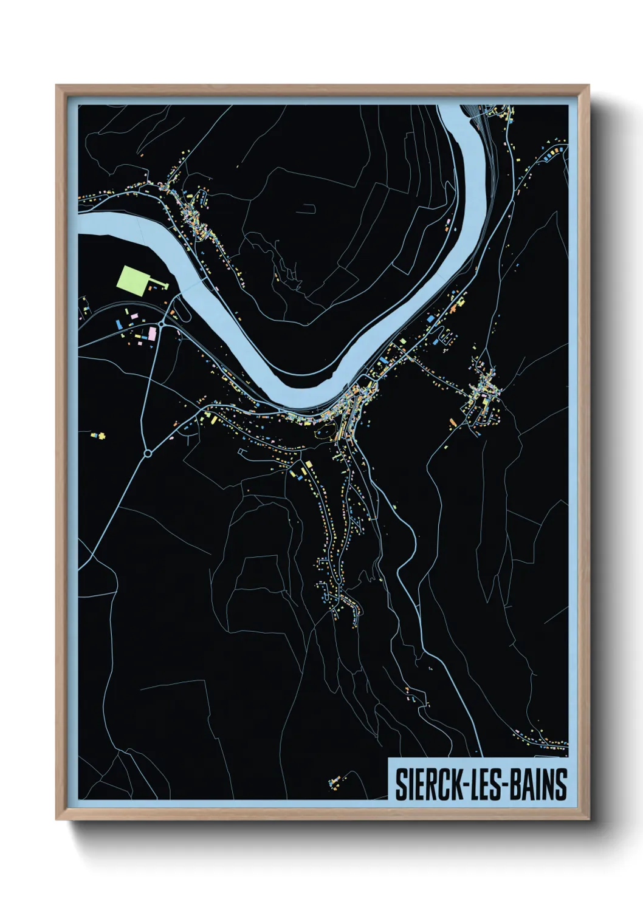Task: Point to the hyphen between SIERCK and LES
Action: tap(459, 785)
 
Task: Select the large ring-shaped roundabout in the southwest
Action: tap(147, 453)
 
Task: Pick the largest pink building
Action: tap(152, 333)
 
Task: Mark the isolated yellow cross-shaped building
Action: tap(101, 436)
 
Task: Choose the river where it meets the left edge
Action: tap(82, 222)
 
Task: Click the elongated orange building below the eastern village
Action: tap(452, 420)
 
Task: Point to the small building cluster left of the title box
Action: tap(336, 780)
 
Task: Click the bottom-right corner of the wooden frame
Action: tap(588, 819)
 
